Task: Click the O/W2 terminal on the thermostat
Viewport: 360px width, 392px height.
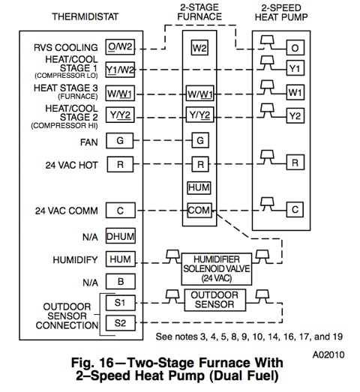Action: coord(120,47)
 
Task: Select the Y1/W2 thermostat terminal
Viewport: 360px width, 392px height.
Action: coord(120,70)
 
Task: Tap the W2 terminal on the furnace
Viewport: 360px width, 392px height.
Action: coord(199,48)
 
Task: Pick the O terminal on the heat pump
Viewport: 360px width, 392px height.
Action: coord(295,47)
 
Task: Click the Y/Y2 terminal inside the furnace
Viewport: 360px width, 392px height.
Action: coord(199,115)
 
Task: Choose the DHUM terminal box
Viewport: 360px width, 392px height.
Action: coord(121,236)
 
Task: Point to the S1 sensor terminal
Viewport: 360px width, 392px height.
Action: coord(121,303)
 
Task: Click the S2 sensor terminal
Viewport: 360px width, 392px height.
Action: coord(121,323)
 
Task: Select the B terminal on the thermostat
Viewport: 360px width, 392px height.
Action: coord(121,282)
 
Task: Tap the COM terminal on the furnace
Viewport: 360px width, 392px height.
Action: coord(199,210)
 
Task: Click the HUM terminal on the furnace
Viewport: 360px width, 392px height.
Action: coord(199,187)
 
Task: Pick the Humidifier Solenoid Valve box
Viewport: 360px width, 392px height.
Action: coord(217,269)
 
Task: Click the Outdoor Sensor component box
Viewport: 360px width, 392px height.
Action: coord(215,300)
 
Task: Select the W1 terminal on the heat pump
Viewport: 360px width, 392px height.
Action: coord(295,92)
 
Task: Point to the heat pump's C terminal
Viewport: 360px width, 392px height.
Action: coord(295,210)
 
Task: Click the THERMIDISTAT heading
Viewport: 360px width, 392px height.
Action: coord(85,16)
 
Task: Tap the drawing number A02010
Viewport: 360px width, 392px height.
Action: coord(328,355)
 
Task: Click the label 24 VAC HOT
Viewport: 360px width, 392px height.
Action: coord(71,165)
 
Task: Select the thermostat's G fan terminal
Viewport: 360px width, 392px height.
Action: coord(120,140)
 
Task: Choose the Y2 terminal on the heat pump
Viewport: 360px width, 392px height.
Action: coord(295,115)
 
